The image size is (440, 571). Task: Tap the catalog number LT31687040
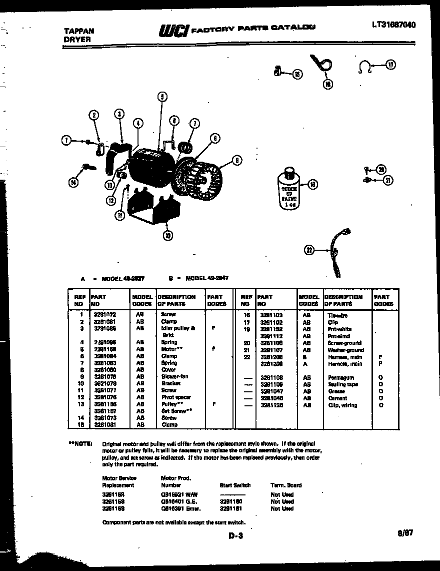[393, 25]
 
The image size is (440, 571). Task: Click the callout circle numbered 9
[236, 160]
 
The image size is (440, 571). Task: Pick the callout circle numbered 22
[309, 250]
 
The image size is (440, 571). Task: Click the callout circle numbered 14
[73, 183]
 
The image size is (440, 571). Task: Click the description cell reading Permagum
[341, 377]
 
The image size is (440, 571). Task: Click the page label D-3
[235, 536]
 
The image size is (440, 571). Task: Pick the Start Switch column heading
[235, 485]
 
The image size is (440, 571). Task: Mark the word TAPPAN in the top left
[77, 31]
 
